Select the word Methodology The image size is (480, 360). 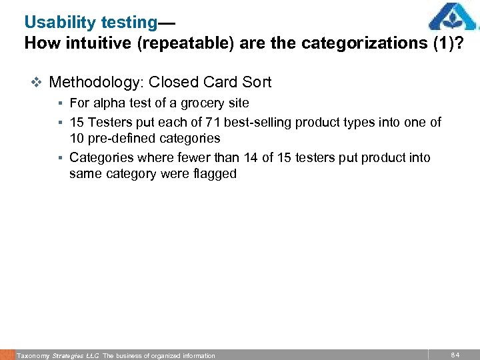[97, 83]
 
